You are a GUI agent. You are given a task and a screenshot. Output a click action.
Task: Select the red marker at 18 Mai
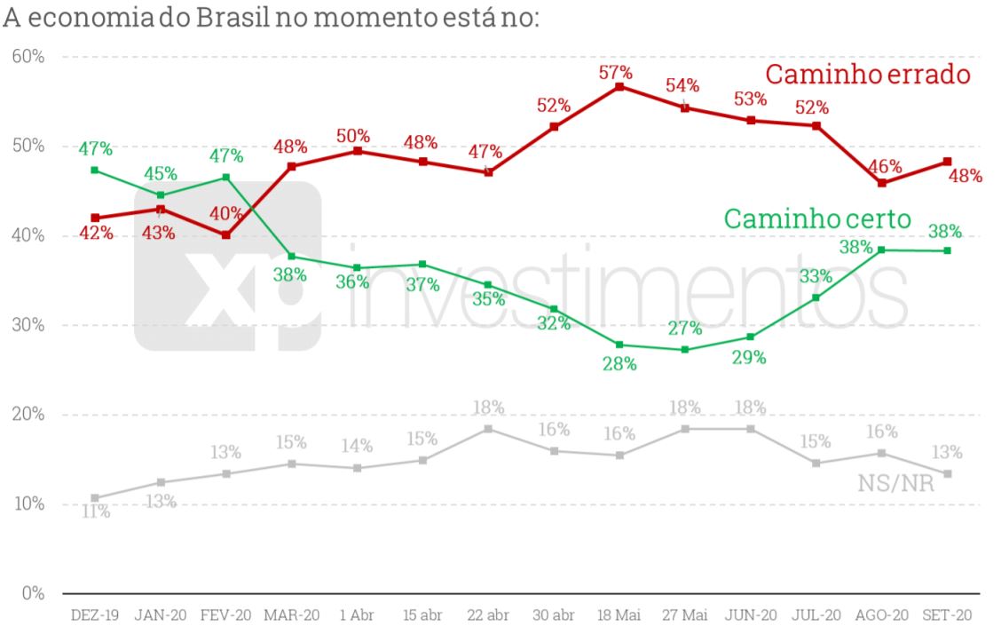pos(619,87)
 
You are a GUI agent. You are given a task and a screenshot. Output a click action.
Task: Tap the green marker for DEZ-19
pos(95,170)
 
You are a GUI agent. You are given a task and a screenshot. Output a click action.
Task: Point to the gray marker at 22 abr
pos(488,429)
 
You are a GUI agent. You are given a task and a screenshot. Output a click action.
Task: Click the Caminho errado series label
pos(868,75)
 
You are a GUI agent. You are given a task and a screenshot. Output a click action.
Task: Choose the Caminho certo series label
pos(817,218)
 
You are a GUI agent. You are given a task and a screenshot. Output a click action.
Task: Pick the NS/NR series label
pos(895,483)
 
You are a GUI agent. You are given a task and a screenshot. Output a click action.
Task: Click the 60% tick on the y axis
pos(28,57)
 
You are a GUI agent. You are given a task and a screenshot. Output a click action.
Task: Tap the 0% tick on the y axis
pos(33,592)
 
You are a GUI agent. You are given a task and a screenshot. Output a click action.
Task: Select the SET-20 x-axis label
pos(948,614)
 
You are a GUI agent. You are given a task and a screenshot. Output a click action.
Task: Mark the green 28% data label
pos(619,363)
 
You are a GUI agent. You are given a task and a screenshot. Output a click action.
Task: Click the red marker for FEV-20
pos(226,235)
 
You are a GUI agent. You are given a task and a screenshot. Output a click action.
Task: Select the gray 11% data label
pos(95,511)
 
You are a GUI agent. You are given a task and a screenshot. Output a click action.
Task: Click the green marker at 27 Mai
pos(685,349)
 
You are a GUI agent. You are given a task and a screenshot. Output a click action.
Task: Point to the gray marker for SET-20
pos(948,473)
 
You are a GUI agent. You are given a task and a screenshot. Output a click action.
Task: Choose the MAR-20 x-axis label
pos(291,614)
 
